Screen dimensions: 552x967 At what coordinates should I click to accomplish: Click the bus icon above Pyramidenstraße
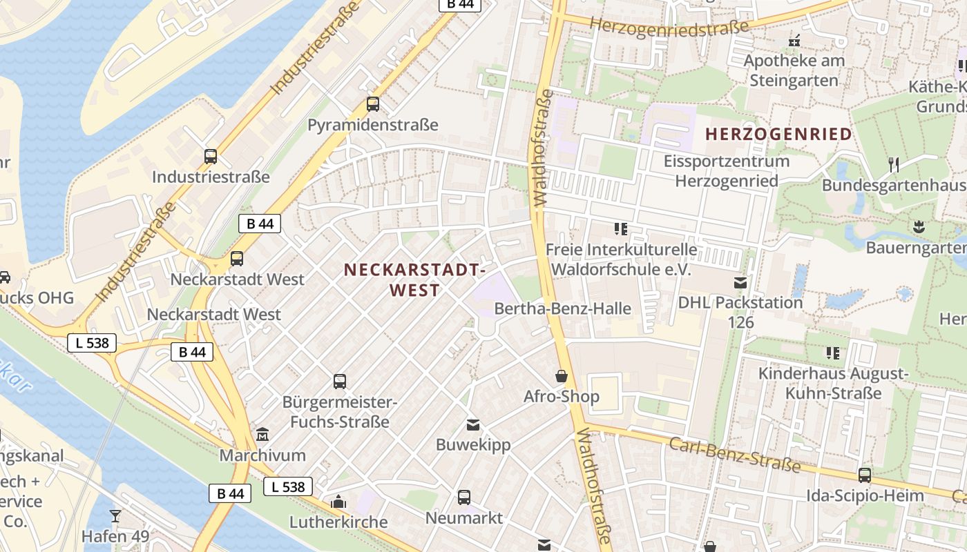tap(373, 104)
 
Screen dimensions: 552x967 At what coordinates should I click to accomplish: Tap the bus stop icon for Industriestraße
tap(211, 157)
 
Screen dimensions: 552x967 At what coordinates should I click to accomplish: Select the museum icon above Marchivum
tap(262, 435)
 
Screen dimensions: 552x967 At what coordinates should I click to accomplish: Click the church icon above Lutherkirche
tap(338, 502)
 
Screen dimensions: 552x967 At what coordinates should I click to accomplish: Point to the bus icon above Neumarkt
tap(464, 497)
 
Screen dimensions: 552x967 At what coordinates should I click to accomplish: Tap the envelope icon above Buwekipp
tap(473, 424)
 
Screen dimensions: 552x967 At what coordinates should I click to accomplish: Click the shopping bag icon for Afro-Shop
tap(562, 376)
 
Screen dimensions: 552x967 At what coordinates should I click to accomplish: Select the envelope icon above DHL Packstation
tap(740, 282)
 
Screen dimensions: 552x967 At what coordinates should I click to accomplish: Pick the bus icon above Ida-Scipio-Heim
tap(865, 475)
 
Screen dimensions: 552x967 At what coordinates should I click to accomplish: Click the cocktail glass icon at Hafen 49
tap(115, 516)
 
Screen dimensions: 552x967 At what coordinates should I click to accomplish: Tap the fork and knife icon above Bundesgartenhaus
tap(894, 164)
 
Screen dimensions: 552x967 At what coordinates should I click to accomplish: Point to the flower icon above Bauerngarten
tap(919, 226)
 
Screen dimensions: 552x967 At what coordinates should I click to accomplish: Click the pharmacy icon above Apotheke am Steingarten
tap(794, 41)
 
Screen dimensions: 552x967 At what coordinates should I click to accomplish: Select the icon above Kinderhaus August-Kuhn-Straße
tap(833, 353)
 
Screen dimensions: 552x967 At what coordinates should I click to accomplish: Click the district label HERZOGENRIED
tap(778, 135)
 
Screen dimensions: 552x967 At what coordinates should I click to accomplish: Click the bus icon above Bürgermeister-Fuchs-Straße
tap(340, 381)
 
